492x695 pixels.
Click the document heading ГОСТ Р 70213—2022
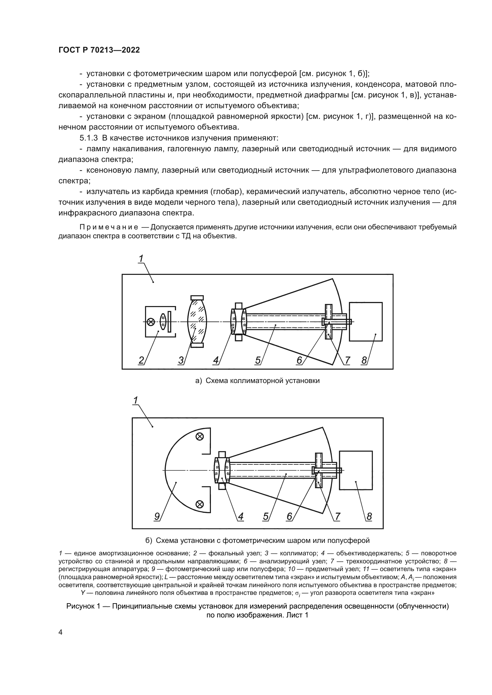pos(99,50)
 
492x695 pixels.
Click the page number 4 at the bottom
pos(60,632)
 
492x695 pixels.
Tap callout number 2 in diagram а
pos(141,360)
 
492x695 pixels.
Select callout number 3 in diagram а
pos(181,360)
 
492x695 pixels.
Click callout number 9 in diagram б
pos(157,516)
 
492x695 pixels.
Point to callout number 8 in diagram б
pos(369,516)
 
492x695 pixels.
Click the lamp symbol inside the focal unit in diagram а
pos(151,322)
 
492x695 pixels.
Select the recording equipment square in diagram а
pos(366,322)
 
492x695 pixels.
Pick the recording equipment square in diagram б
pos(356,470)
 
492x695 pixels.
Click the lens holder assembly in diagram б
pos(222,470)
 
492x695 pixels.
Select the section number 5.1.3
pos(88,138)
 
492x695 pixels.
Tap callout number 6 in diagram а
pos(299,360)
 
